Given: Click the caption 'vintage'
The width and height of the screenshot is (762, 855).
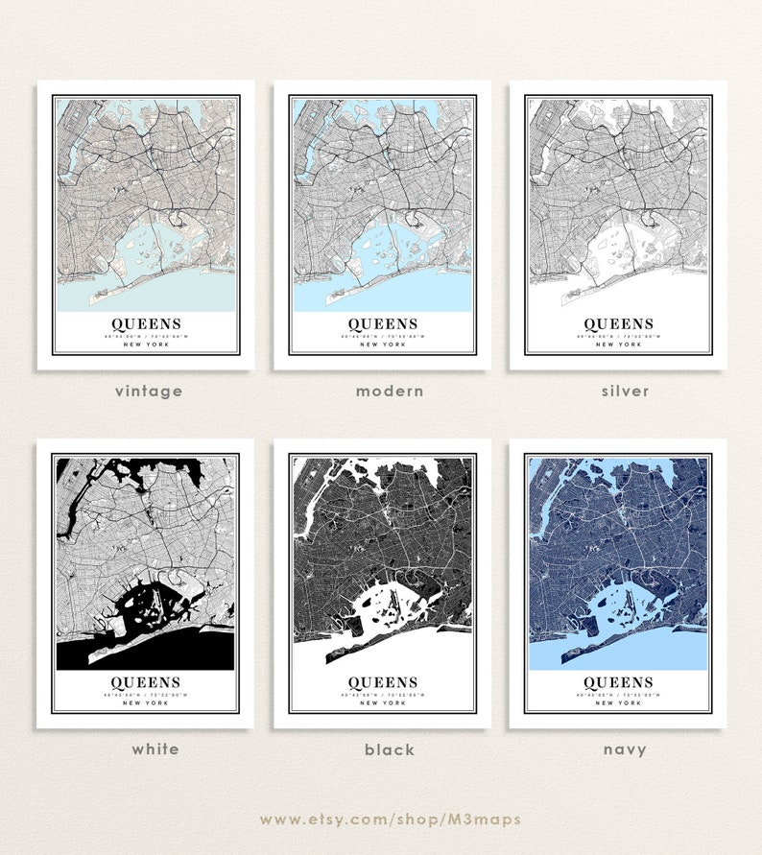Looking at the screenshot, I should [148, 391].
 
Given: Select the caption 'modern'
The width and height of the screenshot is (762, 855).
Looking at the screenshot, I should [390, 391].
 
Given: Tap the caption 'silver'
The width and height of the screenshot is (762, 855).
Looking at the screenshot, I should [626, 391].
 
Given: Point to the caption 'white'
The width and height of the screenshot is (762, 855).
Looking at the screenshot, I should [155, 748].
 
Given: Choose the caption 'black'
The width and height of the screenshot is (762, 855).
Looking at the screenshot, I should [390, 749].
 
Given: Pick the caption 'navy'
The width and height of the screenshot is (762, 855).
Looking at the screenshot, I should [625, 749].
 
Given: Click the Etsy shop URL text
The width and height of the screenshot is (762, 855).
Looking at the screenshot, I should [390, 819].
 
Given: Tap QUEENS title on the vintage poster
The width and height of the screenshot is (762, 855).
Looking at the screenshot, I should [146, 324].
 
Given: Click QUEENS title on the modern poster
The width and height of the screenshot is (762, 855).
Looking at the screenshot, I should [382, 324].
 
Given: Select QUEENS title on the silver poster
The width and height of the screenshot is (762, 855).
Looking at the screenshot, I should [618, 324].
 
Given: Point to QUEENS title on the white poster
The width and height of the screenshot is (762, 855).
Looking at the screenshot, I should [146, 683].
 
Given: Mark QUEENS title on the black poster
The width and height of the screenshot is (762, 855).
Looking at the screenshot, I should [382, 683].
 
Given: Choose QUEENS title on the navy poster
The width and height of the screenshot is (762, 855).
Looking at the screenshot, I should [618, 683].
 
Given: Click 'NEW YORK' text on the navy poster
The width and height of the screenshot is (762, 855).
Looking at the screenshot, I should [618, 703].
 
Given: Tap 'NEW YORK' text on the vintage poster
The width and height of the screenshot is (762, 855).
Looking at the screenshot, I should [146, 344].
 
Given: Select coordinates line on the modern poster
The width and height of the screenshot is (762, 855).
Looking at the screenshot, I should [382, 337].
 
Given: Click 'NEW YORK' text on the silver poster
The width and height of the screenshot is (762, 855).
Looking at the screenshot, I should [618, 344].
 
